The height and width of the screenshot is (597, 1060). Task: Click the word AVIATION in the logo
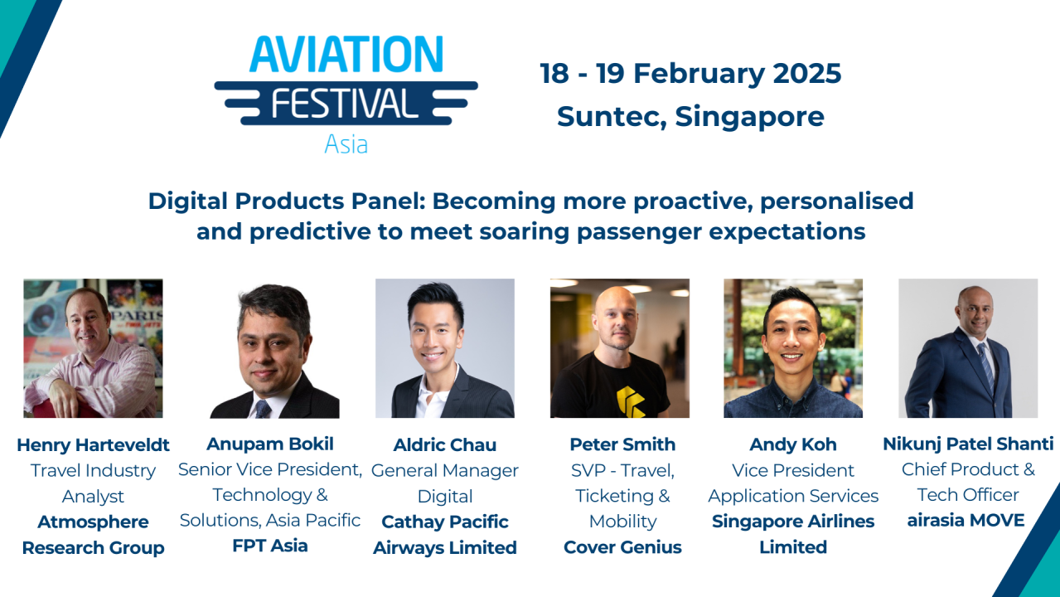346,54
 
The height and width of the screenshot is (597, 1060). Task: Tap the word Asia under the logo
346,143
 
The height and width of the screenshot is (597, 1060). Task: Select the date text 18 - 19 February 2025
690,74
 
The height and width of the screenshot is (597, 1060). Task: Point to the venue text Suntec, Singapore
690,116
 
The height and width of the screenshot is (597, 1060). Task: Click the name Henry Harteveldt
93,444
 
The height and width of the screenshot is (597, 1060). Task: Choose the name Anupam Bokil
270,444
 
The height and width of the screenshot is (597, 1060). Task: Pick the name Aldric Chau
445,445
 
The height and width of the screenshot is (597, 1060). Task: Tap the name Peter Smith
622,444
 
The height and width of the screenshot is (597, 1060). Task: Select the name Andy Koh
793,444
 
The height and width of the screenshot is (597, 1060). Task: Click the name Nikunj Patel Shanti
968,444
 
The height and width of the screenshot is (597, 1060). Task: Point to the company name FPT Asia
270,546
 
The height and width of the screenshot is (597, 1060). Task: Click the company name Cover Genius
622,547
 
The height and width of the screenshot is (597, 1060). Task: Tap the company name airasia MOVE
966,521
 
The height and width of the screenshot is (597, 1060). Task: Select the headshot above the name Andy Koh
793,348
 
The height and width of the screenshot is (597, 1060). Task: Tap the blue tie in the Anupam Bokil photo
263,408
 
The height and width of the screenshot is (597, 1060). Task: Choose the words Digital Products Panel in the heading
286,201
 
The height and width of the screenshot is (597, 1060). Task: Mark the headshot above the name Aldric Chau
445,348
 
